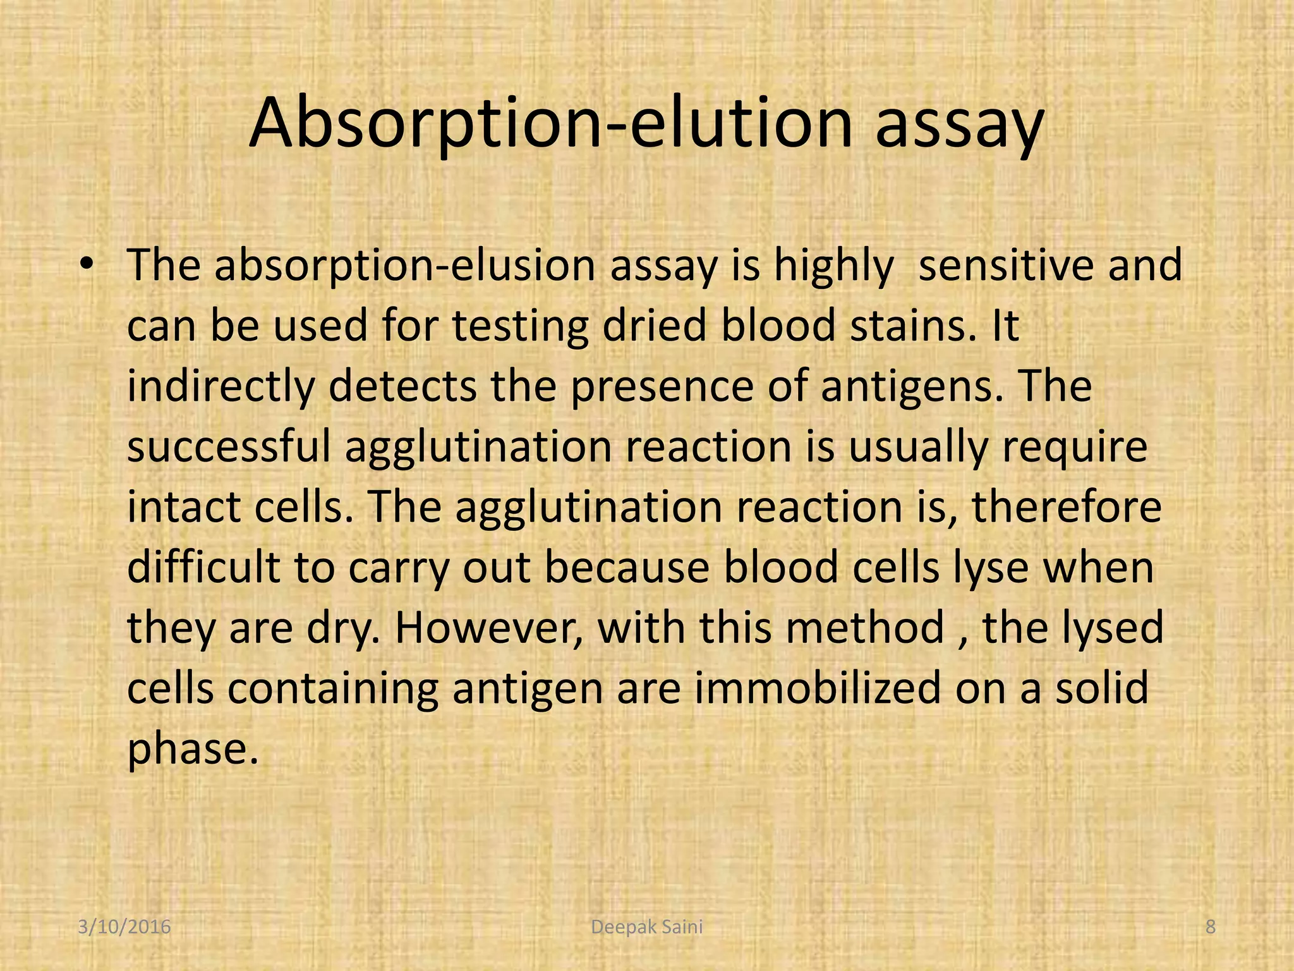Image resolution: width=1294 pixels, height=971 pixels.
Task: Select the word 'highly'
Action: pyautogui.click(x=834, y=266)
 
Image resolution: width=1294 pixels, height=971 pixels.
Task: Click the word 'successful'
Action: pyautogui.click(x=229, y=446)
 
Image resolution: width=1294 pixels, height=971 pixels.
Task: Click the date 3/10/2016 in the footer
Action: pyautogui.click(x=124, y=927)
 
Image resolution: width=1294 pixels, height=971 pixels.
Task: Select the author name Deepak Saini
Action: pyautogui.click(x=646, y=927)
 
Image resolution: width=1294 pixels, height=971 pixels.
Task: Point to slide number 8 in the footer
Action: pyautogui.click(x=1210, y=927)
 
